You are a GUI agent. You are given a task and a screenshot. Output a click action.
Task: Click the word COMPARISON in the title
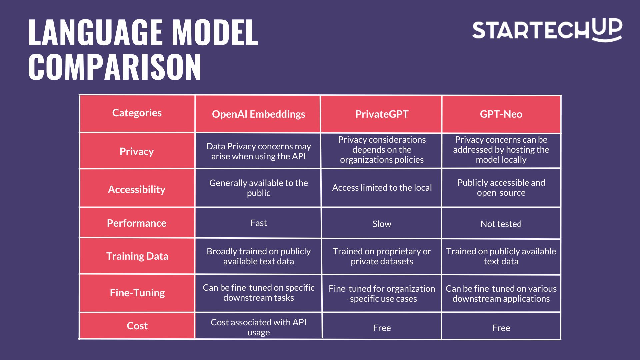115,67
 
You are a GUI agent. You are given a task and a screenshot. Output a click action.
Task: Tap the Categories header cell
137,113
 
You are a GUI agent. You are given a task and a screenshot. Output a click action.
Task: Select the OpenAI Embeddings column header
258,114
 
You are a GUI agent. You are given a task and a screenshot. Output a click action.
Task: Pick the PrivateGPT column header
382,114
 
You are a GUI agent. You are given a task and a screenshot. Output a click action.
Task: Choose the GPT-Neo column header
501,114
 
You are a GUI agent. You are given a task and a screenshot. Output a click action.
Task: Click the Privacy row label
137,152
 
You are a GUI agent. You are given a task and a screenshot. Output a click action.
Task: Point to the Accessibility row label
137,189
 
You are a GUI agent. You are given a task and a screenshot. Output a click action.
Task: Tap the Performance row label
137,223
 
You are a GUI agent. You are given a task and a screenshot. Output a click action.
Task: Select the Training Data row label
137,256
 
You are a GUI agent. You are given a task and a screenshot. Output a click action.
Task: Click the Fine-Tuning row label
137,293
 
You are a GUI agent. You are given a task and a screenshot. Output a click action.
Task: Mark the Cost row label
137,326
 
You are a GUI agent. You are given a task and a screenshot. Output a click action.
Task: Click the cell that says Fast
258,223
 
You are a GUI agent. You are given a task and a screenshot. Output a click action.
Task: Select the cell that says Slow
382,224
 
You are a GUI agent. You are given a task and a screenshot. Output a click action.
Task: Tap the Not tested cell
501,224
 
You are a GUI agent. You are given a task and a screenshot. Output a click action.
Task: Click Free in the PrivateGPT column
382,328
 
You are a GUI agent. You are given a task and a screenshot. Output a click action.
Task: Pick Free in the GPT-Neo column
501,328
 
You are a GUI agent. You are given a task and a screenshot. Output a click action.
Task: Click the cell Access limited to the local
382,188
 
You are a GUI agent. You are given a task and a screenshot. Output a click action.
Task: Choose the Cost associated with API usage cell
258,327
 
